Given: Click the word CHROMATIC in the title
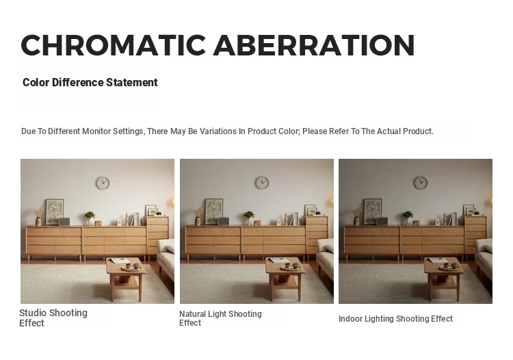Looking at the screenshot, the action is tap(113, 45).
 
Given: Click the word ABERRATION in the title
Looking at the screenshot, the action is tap(314, 45).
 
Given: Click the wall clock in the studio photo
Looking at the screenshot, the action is tap(103, 183).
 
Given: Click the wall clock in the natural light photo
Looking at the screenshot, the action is tap(262, 183).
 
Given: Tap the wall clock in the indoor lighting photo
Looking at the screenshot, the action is tap(421, 183).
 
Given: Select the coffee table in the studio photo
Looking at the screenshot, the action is tap(126, 278).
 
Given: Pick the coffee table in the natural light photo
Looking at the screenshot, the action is tap(285, 278).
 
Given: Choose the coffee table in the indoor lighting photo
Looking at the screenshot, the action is tap(444, 278).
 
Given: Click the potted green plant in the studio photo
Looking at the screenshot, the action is tap(90, 218).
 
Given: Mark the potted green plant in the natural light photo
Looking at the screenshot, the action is tap(249, 218).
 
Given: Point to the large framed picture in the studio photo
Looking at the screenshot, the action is tap(55, 211).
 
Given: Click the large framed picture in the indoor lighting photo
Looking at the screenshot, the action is tap(373, 211).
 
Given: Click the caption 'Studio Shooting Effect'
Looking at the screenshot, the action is tap(53, 318).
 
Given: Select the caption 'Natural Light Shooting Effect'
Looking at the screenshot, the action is tap(220, 318).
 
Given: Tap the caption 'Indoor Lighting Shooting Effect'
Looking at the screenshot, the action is tap(395, 319).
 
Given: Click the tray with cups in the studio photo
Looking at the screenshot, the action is tap(131, 268).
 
